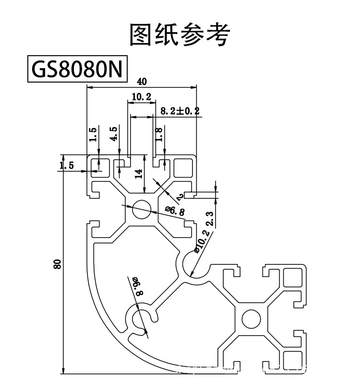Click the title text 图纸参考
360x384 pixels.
click(180, 34)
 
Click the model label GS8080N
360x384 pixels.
click(77, 70)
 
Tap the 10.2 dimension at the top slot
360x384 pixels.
click(141, 97)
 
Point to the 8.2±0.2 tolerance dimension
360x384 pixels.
click(180, 111)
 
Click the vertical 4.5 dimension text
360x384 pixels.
click(114, 134)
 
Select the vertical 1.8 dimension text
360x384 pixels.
click(159, 133)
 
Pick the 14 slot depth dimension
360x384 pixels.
click(139, 172)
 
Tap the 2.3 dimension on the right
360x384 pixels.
click(209, 218)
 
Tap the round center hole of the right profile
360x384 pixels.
click(250, 318)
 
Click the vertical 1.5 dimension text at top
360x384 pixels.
click(93, 134)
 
